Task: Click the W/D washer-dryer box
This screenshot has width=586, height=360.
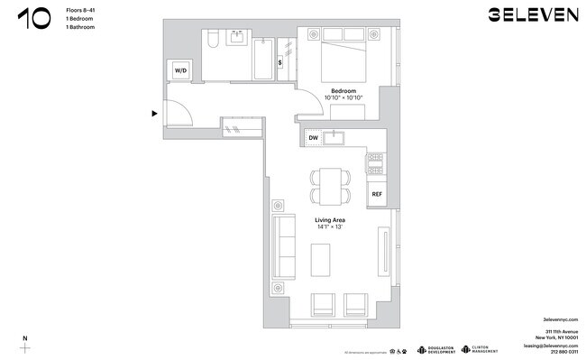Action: click(180, 69)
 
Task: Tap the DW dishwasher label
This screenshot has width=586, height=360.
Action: click(314, 137)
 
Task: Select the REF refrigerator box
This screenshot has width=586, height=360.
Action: click(377, 192)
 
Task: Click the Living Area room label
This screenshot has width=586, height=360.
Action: click(330, 220)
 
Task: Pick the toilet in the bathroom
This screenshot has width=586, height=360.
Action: click(209, 40)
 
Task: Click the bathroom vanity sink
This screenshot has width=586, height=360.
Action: click(238, 38)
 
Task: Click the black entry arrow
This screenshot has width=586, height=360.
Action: click(155, 113)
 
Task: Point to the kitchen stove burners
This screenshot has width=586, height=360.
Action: click(376, 163)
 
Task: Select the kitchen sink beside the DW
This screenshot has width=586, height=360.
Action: click(340, 137)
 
